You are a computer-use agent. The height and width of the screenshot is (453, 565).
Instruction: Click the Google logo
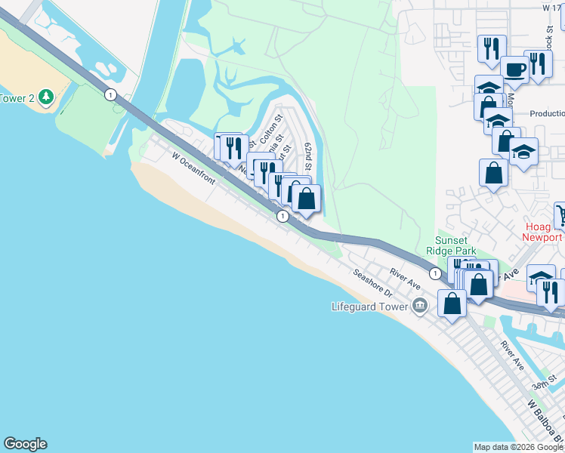pos(25,444)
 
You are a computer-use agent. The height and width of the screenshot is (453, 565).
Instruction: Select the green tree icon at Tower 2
pos(46,97)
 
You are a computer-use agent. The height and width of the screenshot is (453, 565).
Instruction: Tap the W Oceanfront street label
pos(193,169)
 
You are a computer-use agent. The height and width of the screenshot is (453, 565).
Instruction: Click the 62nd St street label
pos(308,156)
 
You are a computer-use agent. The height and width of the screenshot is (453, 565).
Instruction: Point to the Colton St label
pos(270,129)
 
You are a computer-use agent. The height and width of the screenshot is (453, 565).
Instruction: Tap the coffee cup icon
pos(515,69)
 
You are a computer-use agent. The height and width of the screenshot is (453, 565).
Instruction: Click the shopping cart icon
pos(560,215)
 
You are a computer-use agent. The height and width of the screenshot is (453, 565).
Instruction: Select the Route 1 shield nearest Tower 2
pos(111,94)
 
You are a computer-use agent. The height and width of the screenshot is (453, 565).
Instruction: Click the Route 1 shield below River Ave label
pos(435,273)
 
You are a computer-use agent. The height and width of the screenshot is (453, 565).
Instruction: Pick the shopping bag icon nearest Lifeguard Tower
pos(452,304)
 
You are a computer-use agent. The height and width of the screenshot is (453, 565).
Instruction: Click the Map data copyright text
pos(518,447)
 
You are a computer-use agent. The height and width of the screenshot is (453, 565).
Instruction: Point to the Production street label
pos(547,113)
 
